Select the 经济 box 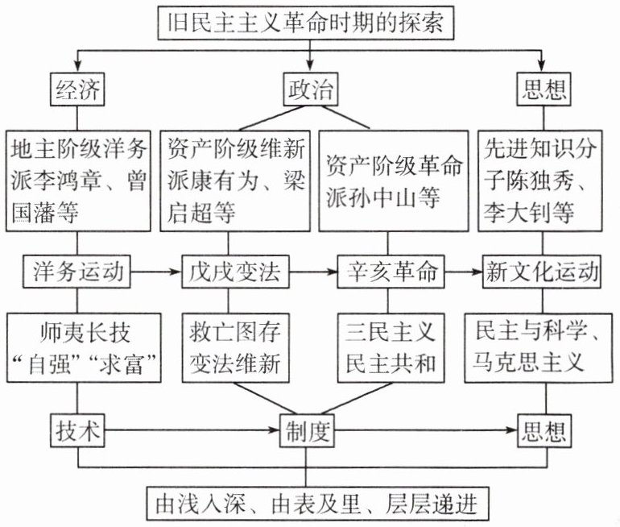click(78, 89)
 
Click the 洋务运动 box click(78, 273)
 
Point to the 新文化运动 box click(541, 273)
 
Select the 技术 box click(78, 431)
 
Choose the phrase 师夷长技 click(78, 331)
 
